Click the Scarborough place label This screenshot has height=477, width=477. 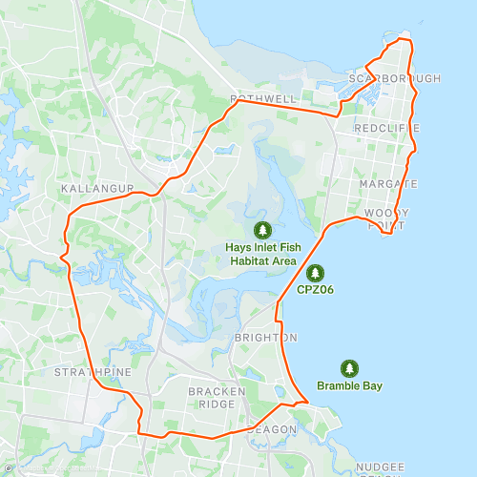(394, 78)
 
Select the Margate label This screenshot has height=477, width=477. (388, 183)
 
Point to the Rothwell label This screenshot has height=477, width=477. (264, 99)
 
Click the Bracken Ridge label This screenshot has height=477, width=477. (211, 398)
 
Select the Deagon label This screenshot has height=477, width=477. (266, 429)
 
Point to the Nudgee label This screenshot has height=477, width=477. (382, 466)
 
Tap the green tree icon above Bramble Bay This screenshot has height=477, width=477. (349, 367)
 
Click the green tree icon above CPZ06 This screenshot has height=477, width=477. (315, 273)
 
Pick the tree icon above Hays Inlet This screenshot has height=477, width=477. (262, 229)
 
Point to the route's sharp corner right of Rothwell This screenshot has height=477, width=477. (340, 115)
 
